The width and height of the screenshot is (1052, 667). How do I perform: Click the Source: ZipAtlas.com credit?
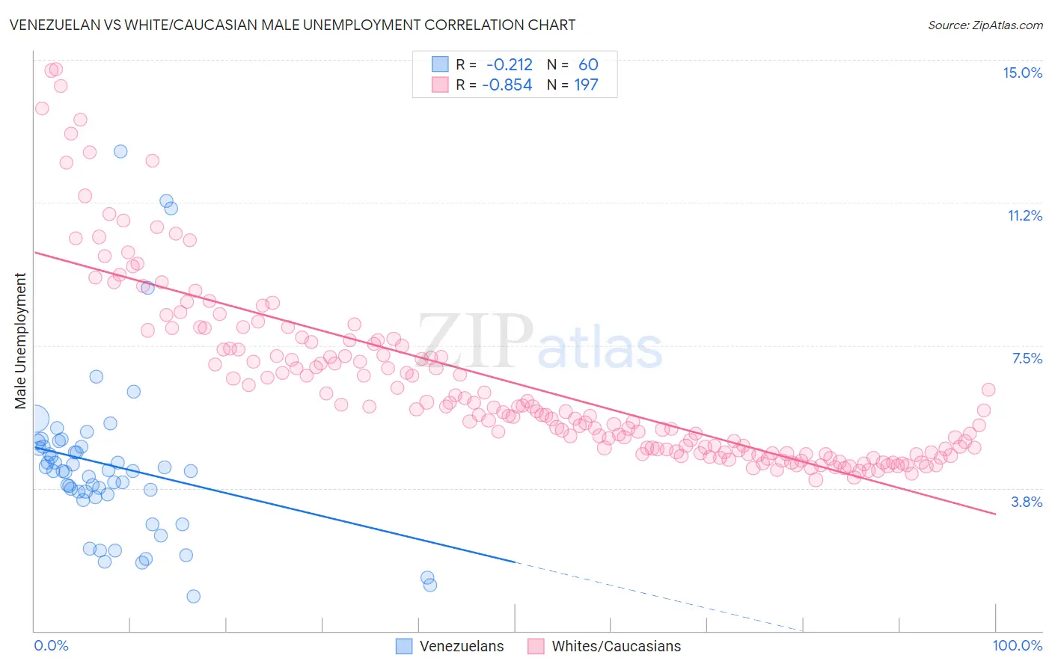[985, 25]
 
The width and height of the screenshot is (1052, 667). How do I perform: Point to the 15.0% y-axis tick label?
[1022, 73]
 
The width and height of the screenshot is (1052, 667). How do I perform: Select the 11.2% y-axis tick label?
[1024, 215]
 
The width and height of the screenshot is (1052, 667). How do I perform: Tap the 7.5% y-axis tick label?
[1027, 358]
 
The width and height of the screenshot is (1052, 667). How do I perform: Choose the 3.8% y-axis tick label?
[1027, 502]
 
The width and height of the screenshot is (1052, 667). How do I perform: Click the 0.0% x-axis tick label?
[51, 645]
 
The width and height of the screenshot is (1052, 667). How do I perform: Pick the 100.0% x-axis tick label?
[1017, 645]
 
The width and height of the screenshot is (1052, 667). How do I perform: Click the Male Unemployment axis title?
[20, 341]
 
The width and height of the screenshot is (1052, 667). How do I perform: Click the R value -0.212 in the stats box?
[509, 64]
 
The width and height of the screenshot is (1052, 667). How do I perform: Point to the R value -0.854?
[507, 84]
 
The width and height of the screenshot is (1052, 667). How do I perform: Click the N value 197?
[586, 84]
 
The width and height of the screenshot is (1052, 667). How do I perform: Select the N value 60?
[588, 64]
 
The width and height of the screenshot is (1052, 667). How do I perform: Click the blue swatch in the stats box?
[439, 64]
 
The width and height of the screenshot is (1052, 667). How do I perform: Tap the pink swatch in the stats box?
[439, 84]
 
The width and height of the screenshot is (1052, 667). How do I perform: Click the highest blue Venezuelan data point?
[120, 151]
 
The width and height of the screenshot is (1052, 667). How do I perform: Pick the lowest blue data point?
[193, 596]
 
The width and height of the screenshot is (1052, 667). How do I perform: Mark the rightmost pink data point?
[988, 390]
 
